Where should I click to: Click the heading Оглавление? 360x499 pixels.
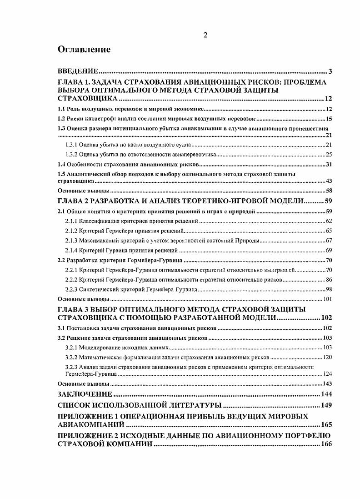click(x=84, y=50)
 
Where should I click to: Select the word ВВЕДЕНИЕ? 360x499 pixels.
click(x=78, y=71)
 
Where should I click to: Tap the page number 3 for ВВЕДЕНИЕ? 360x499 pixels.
click(x=330, y=71)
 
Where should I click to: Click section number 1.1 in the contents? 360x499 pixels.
click(x=61, y=109)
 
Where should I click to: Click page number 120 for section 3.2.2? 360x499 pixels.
click(x=328, y=357)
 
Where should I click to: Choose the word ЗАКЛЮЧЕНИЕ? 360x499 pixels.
click(x=85, y=394)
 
